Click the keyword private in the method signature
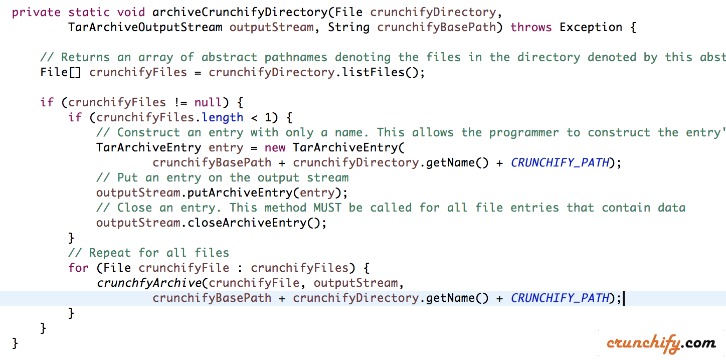[36, 12]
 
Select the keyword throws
[531, 27]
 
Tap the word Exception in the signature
[591, 27]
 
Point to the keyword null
[208, 102]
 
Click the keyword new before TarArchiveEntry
[275, 147]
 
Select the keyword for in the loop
[79, 268]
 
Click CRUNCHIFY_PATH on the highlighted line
[560, 298]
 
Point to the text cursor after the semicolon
[624, 298]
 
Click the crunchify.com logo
[661, 343]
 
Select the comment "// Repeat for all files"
[149, 253]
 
